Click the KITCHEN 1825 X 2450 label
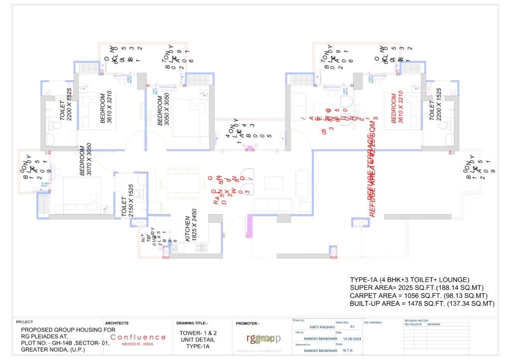[x=191, y=229]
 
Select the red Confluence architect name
[x=138, y=337]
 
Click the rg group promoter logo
[x=263, y=339]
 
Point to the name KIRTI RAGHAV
[x=321, y=327]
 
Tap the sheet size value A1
[x=353, y=327]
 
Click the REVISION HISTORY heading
[x=416, y=320]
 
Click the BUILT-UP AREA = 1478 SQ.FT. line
[x=421, y=303]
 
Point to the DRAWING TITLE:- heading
[x=192, y=323]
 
